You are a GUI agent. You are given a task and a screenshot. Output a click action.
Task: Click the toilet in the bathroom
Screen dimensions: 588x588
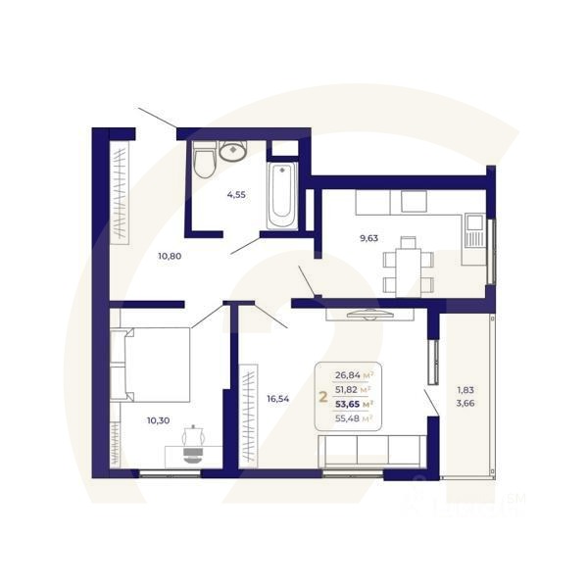(204, 161)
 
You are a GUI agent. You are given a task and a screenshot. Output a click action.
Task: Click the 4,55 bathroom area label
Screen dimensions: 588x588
(236, 194)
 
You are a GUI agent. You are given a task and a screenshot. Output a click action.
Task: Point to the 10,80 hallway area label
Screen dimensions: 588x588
(170, 256)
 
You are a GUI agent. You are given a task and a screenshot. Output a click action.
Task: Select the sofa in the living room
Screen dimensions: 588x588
(373, 449)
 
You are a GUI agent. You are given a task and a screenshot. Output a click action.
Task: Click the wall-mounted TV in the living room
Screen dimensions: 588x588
(370, 314)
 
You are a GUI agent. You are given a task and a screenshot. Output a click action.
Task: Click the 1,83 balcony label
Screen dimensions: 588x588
(465, 393)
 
